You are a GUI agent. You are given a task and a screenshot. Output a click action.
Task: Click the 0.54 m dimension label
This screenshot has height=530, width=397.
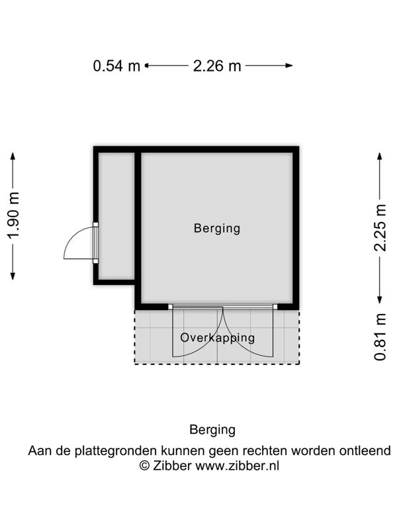click(x=116, y=66)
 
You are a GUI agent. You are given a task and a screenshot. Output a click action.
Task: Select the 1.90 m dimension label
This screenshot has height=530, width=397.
click(x=13, y=217)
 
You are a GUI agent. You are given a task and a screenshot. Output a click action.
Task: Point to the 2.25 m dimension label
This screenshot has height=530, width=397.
click(x=380, y=227)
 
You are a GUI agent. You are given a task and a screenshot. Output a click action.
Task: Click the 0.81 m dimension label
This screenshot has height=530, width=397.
click(x=380, y=337)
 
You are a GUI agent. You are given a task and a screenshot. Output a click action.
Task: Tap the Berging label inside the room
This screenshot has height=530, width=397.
click(x=217, y=229)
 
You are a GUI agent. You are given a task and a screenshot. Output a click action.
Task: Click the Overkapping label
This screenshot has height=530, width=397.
click(x=218, y=337)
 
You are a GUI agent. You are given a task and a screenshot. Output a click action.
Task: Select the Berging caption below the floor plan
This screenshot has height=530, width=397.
click(x=212, y=429)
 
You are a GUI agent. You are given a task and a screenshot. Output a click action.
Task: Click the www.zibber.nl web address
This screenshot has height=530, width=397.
click(x=237, y=465)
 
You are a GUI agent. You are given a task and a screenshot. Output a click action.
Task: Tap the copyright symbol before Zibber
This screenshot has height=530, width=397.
click(x=144, y=465)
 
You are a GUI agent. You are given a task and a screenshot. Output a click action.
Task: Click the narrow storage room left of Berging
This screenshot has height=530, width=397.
click(x=116, y=215)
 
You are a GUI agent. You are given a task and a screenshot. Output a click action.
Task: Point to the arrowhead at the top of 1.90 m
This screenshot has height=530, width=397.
click(x=13, y=156)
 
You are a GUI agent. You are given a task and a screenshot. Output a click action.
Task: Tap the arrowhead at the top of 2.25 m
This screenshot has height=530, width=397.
click(x=380, y=156)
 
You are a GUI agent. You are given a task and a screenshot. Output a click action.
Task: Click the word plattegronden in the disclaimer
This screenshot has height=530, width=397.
click(x=116, y=451)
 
